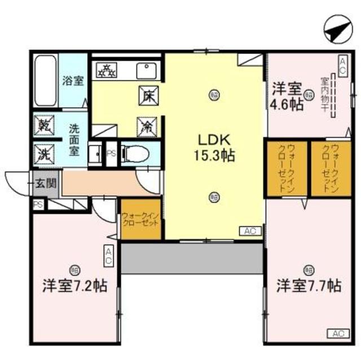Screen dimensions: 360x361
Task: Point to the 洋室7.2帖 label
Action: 75,286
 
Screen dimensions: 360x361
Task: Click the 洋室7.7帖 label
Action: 308,286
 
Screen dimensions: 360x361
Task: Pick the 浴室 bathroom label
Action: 73,81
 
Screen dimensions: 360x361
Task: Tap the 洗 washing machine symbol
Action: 43,152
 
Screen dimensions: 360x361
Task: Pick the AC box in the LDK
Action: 250,230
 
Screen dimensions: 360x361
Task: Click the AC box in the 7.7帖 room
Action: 337,334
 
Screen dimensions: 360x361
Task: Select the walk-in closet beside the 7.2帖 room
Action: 141,219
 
